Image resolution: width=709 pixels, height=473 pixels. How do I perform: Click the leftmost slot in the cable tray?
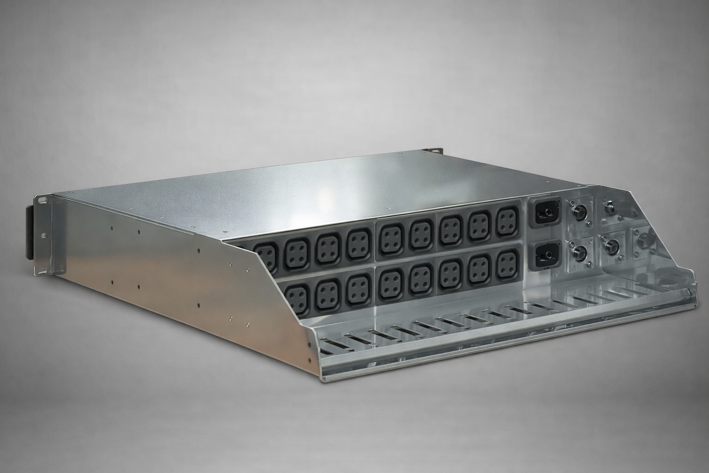pos(331,350)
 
